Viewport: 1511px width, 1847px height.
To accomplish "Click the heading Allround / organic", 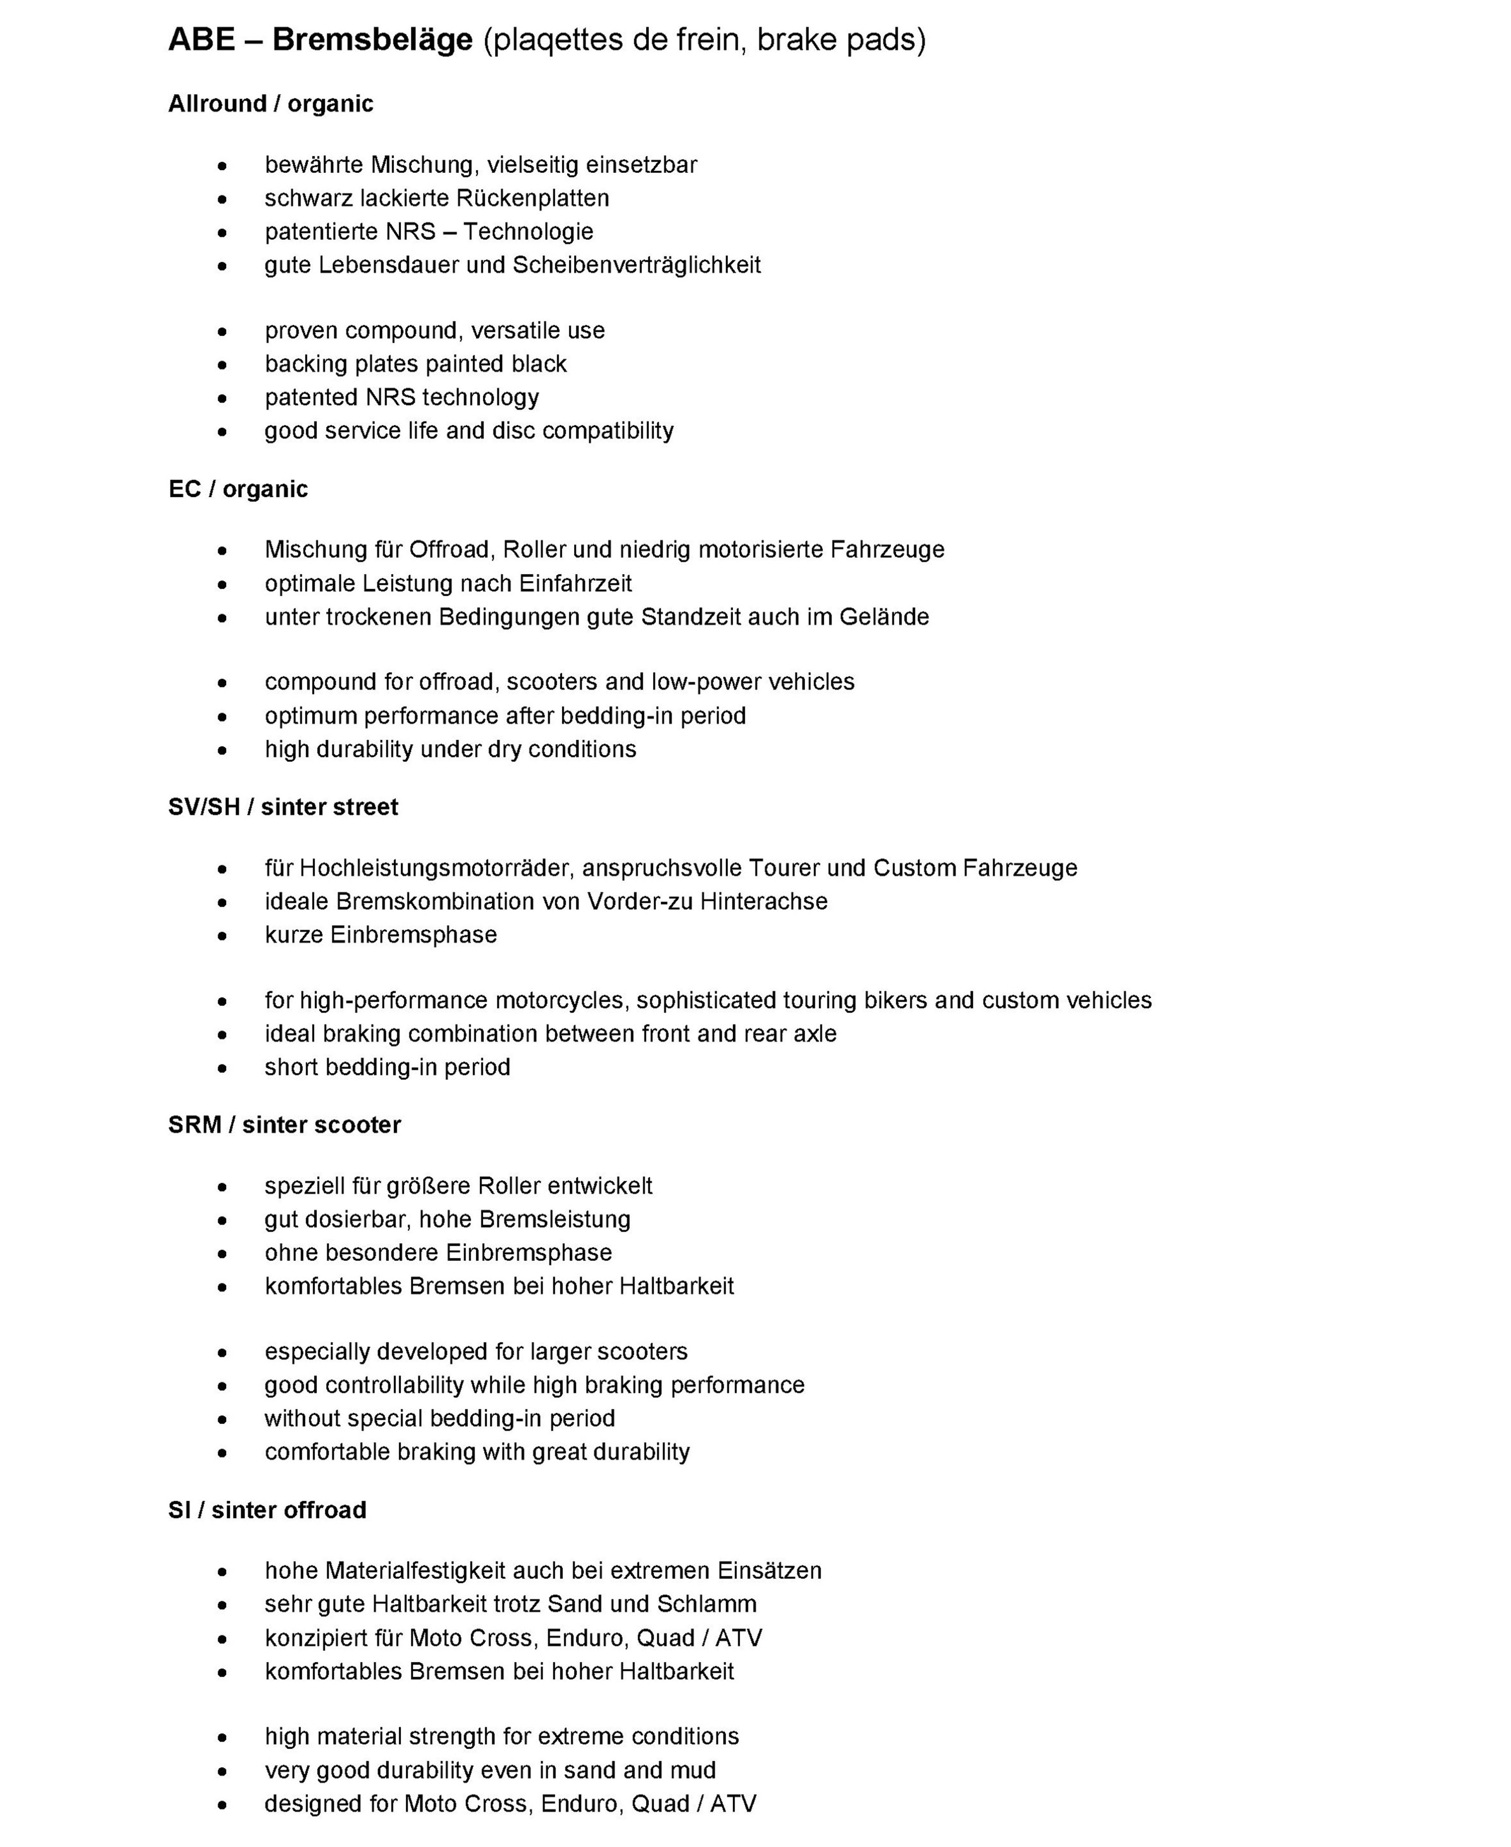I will tap(271, 104).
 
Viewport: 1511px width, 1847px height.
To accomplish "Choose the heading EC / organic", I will tap(238, 489).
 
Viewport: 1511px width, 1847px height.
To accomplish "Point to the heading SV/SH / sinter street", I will tap(283, 807).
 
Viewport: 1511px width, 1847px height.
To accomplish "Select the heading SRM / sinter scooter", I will tap(284, 1124).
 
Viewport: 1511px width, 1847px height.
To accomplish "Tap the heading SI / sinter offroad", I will tap(267, 1510).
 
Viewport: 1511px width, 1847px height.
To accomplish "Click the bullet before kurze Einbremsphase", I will tap(223, 935).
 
